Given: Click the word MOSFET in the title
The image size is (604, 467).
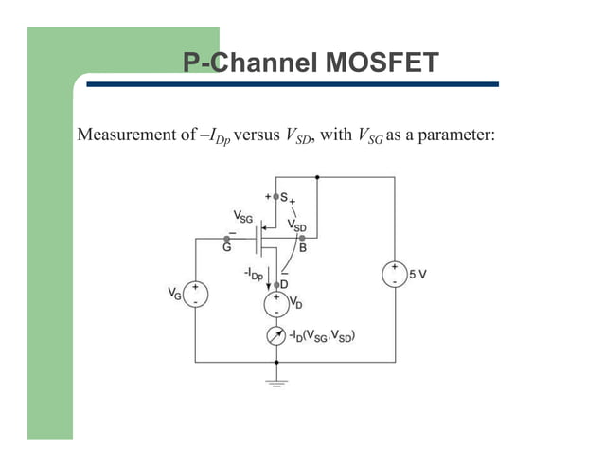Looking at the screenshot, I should [382, 63].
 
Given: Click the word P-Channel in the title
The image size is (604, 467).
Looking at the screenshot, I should [249, 63].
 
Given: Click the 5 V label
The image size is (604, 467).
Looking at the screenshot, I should [418, 274].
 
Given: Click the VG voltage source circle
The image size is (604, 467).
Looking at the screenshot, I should [195, 294].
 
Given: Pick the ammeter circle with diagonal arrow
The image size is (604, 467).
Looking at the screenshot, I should [276, 336].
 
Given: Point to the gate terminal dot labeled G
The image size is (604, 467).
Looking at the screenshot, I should [226, 238].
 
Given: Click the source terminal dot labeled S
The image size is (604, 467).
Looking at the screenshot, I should [276, 198].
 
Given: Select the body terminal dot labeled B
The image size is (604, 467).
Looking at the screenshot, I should [300, 238].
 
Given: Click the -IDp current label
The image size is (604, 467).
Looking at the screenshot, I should [253, 274].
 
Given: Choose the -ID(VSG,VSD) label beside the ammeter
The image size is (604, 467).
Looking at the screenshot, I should [329, 336].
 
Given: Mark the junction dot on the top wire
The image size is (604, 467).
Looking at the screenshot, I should [316, 176].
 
